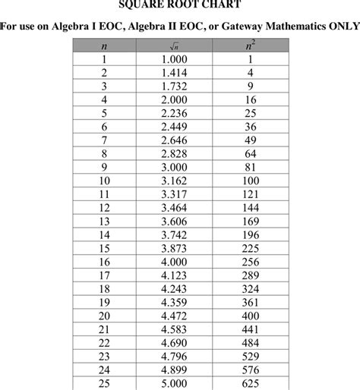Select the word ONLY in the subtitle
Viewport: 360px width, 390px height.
(340, 27)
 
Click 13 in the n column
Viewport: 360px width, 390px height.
(104, 222)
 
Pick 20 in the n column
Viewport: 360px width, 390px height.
(104, 316)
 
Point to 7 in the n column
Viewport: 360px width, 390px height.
(104, 140)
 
